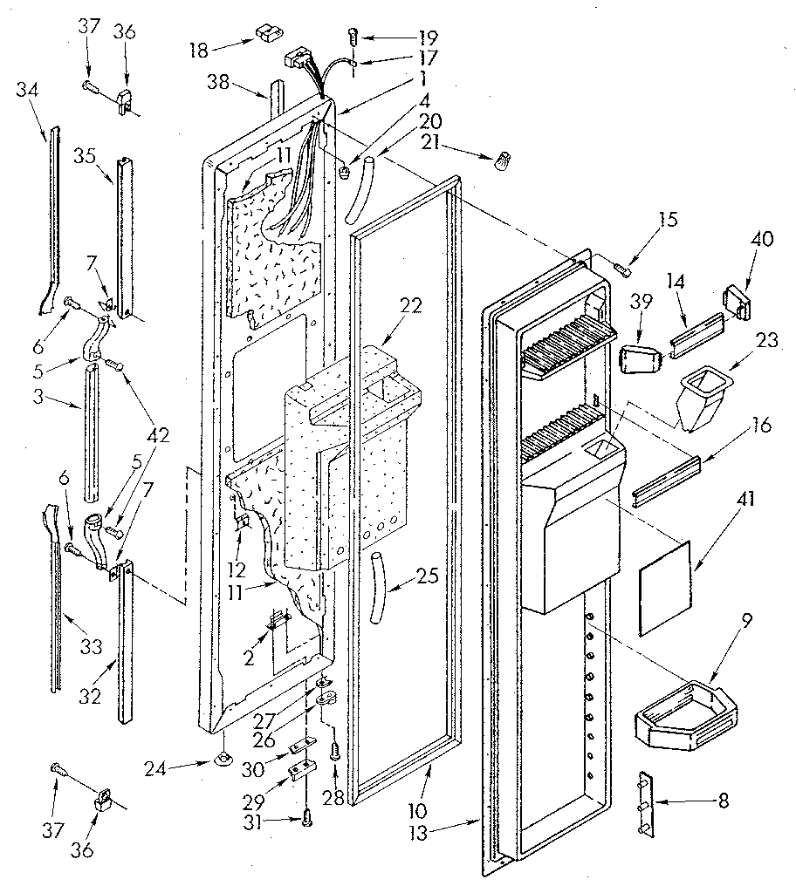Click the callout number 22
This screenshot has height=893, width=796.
411,305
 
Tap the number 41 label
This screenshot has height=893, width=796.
724,501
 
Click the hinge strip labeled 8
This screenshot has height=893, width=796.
647,801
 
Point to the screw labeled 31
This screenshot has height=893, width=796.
305,816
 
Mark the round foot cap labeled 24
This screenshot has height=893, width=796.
224,760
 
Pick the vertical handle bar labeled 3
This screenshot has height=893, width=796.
92,431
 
